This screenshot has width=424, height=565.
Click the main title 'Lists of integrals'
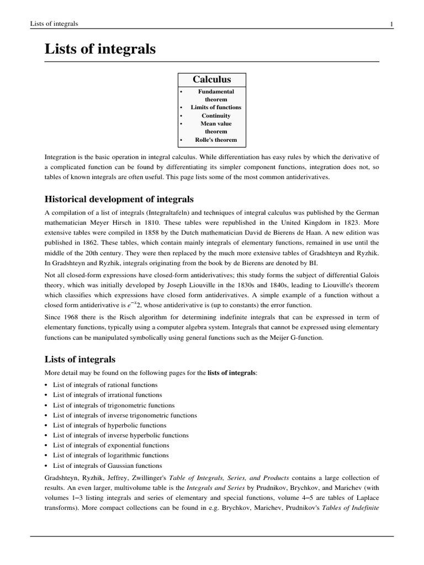100,50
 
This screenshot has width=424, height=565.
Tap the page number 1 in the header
391,24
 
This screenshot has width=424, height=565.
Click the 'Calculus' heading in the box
211,79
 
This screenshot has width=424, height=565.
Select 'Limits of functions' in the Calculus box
216,107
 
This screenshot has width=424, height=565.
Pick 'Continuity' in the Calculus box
216,115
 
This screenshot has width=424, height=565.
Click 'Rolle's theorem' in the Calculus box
216,140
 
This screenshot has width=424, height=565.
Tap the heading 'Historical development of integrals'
119,199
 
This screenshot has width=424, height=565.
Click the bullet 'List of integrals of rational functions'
105,385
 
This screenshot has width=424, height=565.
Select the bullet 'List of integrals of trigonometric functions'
113,405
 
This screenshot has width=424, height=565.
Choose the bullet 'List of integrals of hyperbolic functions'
109,425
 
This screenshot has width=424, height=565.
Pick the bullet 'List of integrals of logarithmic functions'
111,455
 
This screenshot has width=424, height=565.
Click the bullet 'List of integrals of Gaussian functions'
108,465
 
